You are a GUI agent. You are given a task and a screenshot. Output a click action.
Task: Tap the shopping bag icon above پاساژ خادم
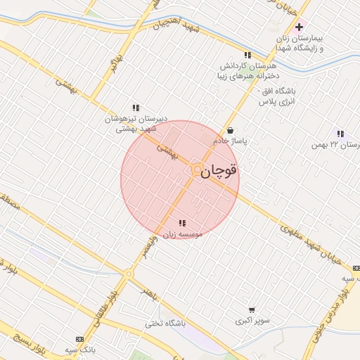(x=231, y=130)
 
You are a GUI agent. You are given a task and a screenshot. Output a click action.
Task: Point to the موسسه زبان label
(x=182, y=233)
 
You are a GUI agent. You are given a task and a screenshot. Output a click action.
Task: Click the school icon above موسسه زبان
(x=182, y=223)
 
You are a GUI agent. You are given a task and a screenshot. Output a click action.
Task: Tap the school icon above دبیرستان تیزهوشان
(x=136, y=108)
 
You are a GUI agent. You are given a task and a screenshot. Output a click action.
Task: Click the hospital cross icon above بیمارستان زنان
(x=299, y=27)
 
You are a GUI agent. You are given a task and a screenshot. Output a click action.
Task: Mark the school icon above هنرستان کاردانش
(x=247, y=55)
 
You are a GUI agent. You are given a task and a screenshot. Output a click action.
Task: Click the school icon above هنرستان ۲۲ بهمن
(x=340, y=134)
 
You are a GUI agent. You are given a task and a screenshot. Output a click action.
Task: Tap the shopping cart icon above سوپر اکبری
(x=252, y=309)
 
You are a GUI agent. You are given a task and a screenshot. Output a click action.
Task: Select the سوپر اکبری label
(x=252, y=321)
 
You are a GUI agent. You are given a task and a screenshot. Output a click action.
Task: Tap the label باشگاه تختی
(x=165, y=324)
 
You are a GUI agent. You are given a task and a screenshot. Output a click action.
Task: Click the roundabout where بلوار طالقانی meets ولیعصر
(x=129, y=274)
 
